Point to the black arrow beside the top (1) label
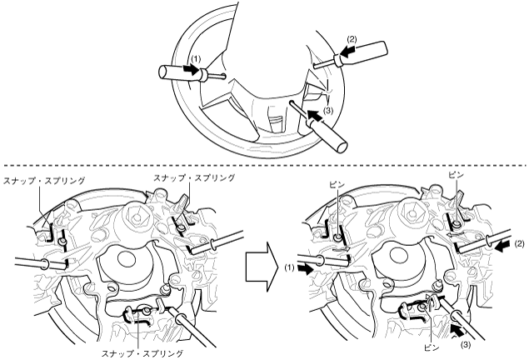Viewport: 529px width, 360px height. pos(199,72)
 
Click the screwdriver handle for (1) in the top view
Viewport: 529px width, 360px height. pos(170,72)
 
